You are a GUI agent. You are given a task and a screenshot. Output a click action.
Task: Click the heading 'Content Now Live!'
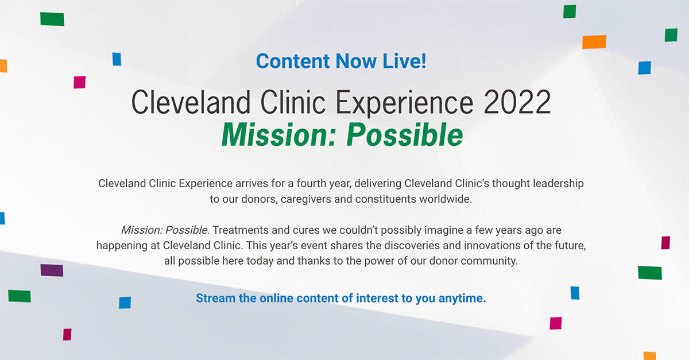pyautogui.click(x=341, y=61)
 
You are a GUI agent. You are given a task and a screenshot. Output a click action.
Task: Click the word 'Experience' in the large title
pyautogui.click(x=404, y=103)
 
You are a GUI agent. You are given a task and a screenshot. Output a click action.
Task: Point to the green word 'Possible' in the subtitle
pyautogui.click(x=405, y=135)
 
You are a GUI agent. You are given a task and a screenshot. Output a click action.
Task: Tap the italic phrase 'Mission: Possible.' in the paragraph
pyautogui.click(x=165, y=230)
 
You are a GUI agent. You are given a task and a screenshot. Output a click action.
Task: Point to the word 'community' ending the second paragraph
pyautogui.click(x=490, y=261)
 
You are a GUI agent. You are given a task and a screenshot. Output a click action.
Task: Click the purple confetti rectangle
pyautogui.click(x=52, y=270)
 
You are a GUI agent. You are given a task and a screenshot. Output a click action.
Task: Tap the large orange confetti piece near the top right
pyautogui.click(x=594, y=42)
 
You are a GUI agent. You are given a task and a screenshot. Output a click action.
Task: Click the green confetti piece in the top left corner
pyautogui.click(x=52, y=19)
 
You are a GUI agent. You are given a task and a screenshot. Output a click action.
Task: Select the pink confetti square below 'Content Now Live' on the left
pyautogui.click(x=79, y=82)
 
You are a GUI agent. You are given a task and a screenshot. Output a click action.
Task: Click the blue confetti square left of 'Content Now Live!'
pyautogui.click(x=117, y=59)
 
